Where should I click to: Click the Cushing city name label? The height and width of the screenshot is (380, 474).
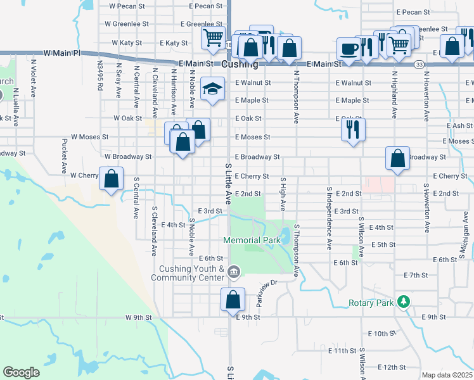click(x=240, y=65)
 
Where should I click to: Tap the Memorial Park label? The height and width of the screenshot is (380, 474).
click(x=252, y=241)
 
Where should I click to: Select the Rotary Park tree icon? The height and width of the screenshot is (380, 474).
click(x=402, y=301)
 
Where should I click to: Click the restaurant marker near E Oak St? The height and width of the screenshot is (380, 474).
click(x=352, y=129)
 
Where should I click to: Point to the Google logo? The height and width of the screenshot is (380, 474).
click(x=22, y=372)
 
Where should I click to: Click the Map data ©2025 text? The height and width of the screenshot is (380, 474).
click(x=446, y=375)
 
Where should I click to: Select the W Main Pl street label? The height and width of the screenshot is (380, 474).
click(x=62, y=53)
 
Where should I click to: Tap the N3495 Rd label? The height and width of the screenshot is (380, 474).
click(x=100, y=75)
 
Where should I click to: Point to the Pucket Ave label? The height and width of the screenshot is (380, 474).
click(x=64, y=156)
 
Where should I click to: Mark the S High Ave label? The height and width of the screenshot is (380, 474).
click(x=283, y=194)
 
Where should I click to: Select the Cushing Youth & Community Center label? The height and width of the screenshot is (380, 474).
click(x=188, y=273)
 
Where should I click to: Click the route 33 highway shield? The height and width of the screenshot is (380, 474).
click(x=420, y=65)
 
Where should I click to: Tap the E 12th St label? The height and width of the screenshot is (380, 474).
click(x=390, y=367)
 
